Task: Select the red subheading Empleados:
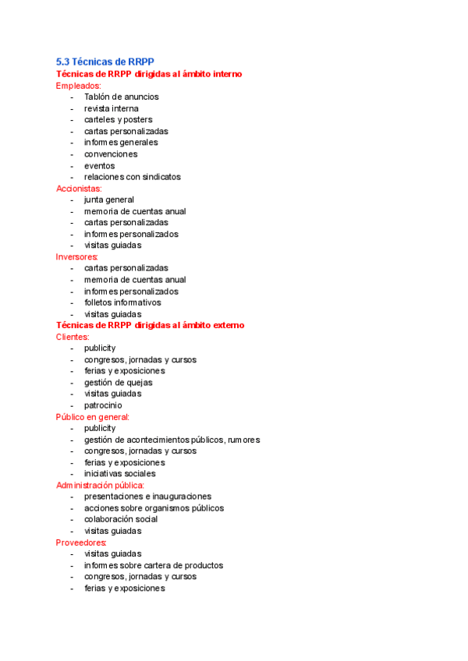pyautogui.click(x=79, y=86)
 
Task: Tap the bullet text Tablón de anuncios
pyautogui.click(x=121, y=97)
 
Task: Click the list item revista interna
pyautogui.click(x=112, y=108)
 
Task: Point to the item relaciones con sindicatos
pyautogui.click(x=133, y=177)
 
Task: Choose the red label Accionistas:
pyautogui.click(x=79, y=189)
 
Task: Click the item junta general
pyautogui.click(x=109, y=200)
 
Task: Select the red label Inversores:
pyautogui.click(x=77, y=256)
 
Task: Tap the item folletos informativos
pyautogui.click(x=122, y=302)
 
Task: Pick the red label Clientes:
pyautogui.click(x=73, y=337)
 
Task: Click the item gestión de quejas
pyautogui.click(x=119, y=383)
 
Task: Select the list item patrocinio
pyautogui.click(x=103, y=405)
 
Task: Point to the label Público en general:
pyautogui.click(x=93, y=417)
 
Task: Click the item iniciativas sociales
pyautogui.click(x=120, y=474)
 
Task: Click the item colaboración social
pyautogui.click(x=121, y=519)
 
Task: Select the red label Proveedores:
pyautogui.click(x=81, y=542)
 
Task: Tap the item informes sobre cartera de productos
pyautogui.click(x=154, y=565)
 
